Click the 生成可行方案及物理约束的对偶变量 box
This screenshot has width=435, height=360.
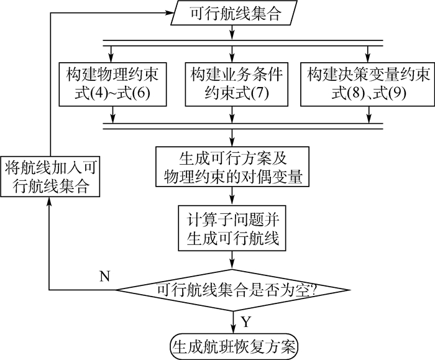tap(234, 165)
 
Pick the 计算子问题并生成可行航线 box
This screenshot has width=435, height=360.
tap(234, 227)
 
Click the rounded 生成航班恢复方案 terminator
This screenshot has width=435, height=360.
tap(232, 343)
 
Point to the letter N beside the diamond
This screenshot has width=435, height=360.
tap(105, 275)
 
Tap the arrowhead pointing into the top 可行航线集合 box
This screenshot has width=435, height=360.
tap(170, 14)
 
